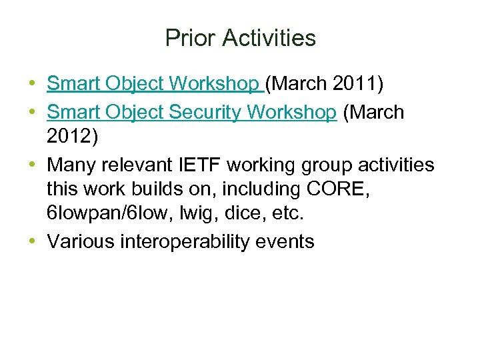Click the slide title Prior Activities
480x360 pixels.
[x=240, y=38]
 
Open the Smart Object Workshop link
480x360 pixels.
[x=155, y=83]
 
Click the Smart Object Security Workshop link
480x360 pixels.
[x=192, y=112]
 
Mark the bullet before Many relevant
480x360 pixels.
[x=33, y=164]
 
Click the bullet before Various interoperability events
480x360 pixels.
[x=33, y=241]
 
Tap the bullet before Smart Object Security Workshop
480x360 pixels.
[x=33, y=112]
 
